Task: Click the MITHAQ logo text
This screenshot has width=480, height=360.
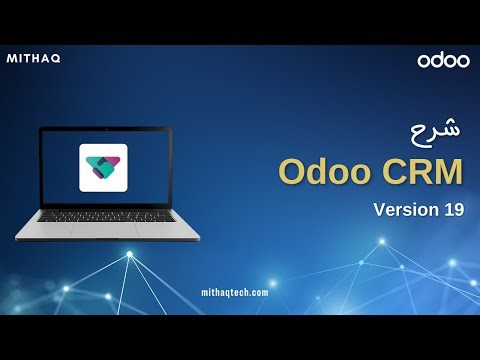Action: point(34,59)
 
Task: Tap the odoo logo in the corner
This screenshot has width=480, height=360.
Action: point(443,60)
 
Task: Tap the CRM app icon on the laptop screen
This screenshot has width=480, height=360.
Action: point(104,167)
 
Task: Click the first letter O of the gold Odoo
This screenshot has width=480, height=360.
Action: point(292,171)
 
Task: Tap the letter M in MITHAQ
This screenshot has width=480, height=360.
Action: point(13,59)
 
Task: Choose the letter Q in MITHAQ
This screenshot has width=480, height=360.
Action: point(56,59)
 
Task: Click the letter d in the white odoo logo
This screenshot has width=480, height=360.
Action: point(437,60)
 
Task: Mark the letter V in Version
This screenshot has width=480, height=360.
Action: point(380,210)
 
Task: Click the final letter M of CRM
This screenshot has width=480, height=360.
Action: point(450,171)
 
